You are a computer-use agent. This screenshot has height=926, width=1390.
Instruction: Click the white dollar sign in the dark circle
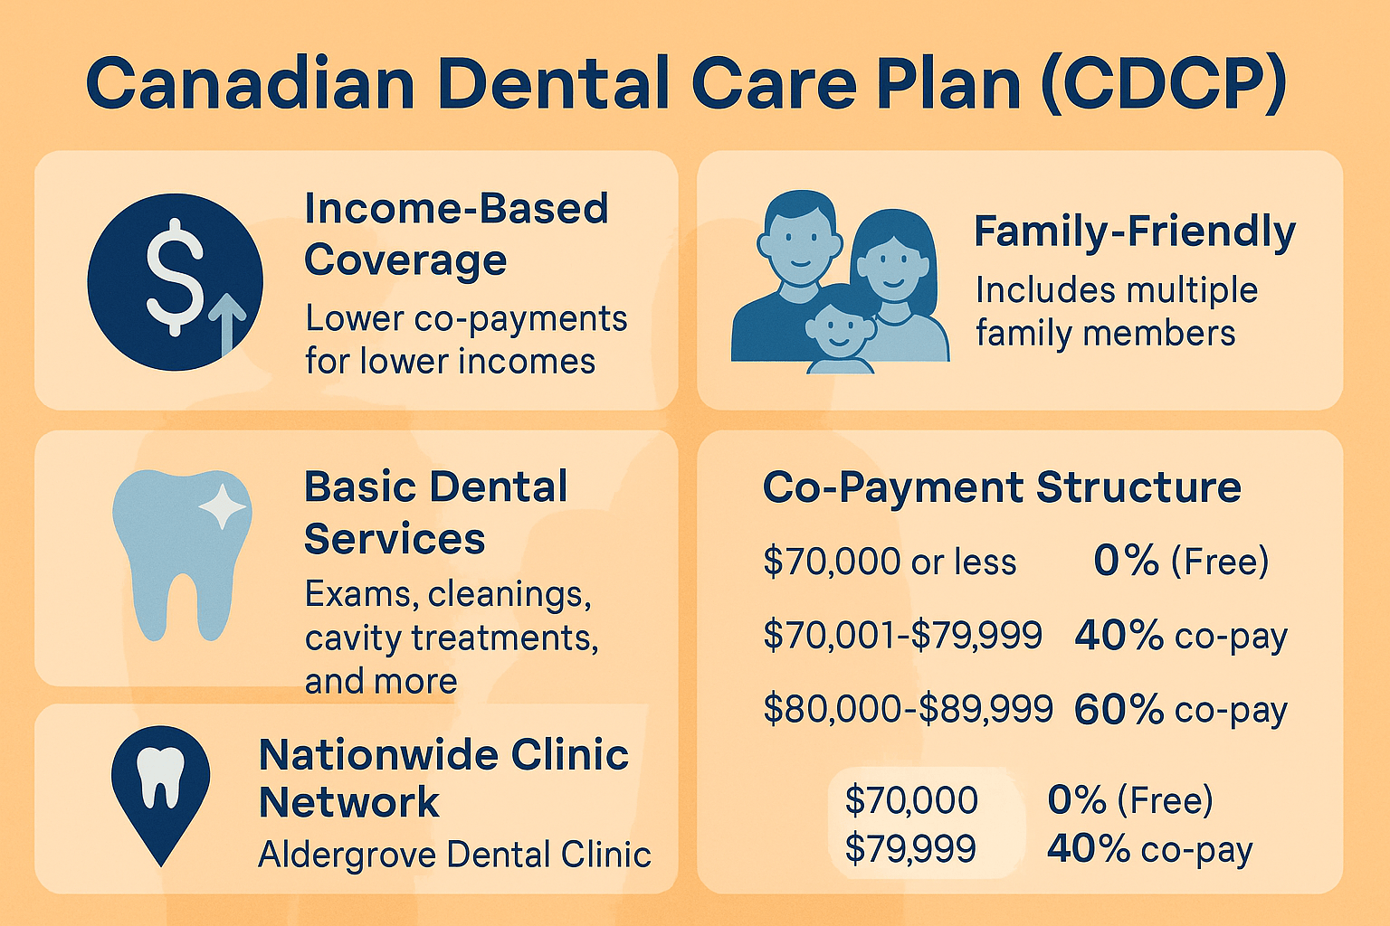click(x=175, y=278)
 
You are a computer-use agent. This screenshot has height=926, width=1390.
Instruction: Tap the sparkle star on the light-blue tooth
click(x=222, y=507)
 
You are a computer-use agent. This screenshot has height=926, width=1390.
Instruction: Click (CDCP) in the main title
click(x=1164, y=83)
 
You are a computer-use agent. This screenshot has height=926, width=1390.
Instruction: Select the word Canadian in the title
click(x=250, y=83)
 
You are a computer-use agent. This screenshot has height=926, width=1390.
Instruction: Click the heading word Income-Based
click(x=456, y=208)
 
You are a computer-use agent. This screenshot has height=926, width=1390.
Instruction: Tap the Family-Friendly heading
click(x=1134, y=232)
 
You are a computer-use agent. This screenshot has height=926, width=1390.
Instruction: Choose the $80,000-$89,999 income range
click(x=908, y=708)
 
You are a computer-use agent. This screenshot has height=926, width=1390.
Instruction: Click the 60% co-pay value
click(x=1180, y=710)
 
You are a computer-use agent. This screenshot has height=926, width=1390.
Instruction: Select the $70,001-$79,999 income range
click(x=902, y=635)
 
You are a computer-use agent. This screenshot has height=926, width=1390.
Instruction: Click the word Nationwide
click(x=378, y=755)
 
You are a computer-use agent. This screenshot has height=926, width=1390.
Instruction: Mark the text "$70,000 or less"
click(x=890, y=562)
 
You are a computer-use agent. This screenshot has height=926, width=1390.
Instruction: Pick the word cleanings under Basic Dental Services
click(x=509, y=594)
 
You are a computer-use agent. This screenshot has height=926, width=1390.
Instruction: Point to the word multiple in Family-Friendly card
click(x=1192, y=290)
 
